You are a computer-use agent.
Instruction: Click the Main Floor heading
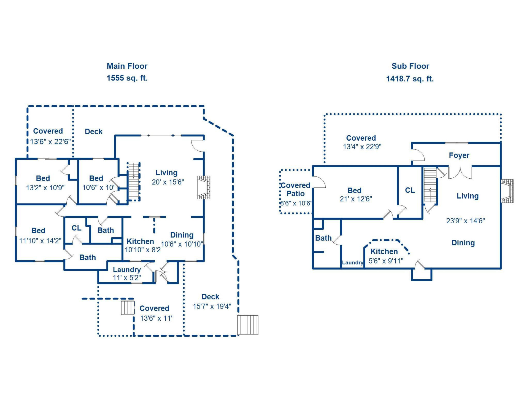click(127, 66)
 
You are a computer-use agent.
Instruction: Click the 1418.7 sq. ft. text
click(410, 79)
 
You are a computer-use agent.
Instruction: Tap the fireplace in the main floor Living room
click(204, 187)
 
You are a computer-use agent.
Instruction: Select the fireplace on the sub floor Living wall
click(507, 191)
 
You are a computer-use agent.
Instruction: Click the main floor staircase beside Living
click(134, 181)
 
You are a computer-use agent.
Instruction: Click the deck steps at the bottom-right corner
click(248, 325)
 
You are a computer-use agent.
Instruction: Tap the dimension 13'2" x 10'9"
click(45, 188)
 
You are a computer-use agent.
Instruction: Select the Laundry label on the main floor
click(127, 270)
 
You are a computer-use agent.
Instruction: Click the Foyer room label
click(459, 155)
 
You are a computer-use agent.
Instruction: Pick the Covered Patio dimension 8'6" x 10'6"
click(296, 203)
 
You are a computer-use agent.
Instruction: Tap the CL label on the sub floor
click(410, 190)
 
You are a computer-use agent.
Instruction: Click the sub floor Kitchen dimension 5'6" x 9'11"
click(386, 261)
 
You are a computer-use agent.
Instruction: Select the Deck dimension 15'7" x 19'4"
click(212, 306)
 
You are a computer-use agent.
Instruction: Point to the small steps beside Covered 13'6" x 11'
click(128, 308)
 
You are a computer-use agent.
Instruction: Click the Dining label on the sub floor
click(463, 243)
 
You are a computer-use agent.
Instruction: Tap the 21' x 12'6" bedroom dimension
click(356, 199)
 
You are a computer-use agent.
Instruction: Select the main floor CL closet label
click(76, 228)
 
